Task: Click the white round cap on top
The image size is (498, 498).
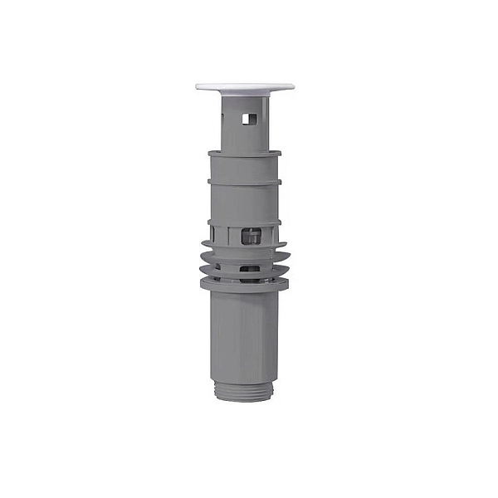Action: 245,85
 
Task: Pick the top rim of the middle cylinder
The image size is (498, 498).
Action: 244,154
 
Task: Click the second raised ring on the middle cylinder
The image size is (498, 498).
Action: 244,181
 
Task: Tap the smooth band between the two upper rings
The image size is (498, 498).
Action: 244,167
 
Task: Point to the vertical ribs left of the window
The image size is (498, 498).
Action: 222,236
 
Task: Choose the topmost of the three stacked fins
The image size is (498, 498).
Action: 244,247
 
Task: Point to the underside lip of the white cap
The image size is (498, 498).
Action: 245,91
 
